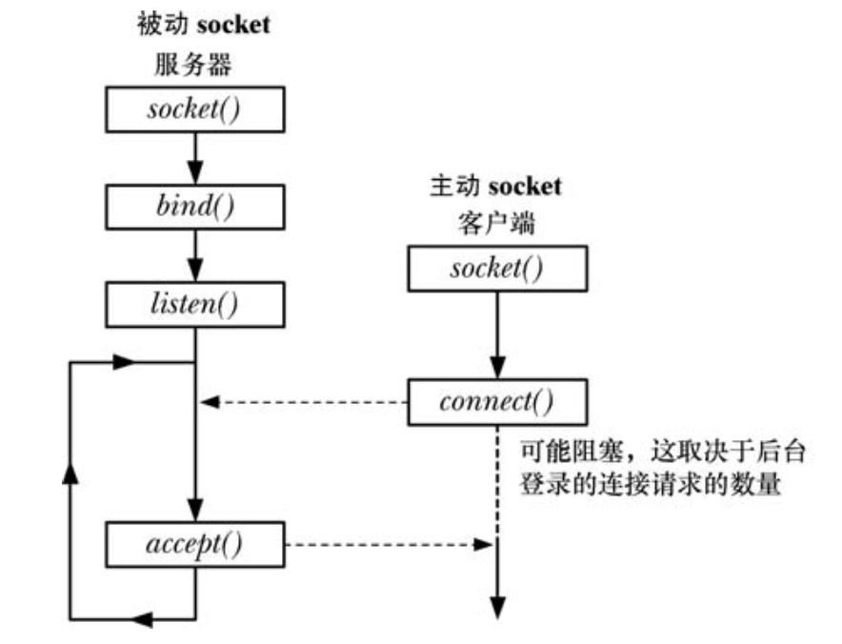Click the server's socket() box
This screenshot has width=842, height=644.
tap(195, 110)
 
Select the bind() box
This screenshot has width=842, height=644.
tap(195, 207)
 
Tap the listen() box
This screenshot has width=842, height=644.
tap(195, 304)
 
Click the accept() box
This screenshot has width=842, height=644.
tap(195, 544)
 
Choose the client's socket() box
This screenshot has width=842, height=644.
tap(495, 269)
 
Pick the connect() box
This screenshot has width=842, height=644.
tap(495, 401)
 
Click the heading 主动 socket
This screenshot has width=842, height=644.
tap(495, 185)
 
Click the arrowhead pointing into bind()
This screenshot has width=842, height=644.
tap(195, 174)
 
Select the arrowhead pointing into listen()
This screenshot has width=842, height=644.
tap(195, 272)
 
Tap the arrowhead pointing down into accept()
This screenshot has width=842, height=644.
tap(195, 510)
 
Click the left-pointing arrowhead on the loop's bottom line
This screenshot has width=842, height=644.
tap(140, 619)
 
